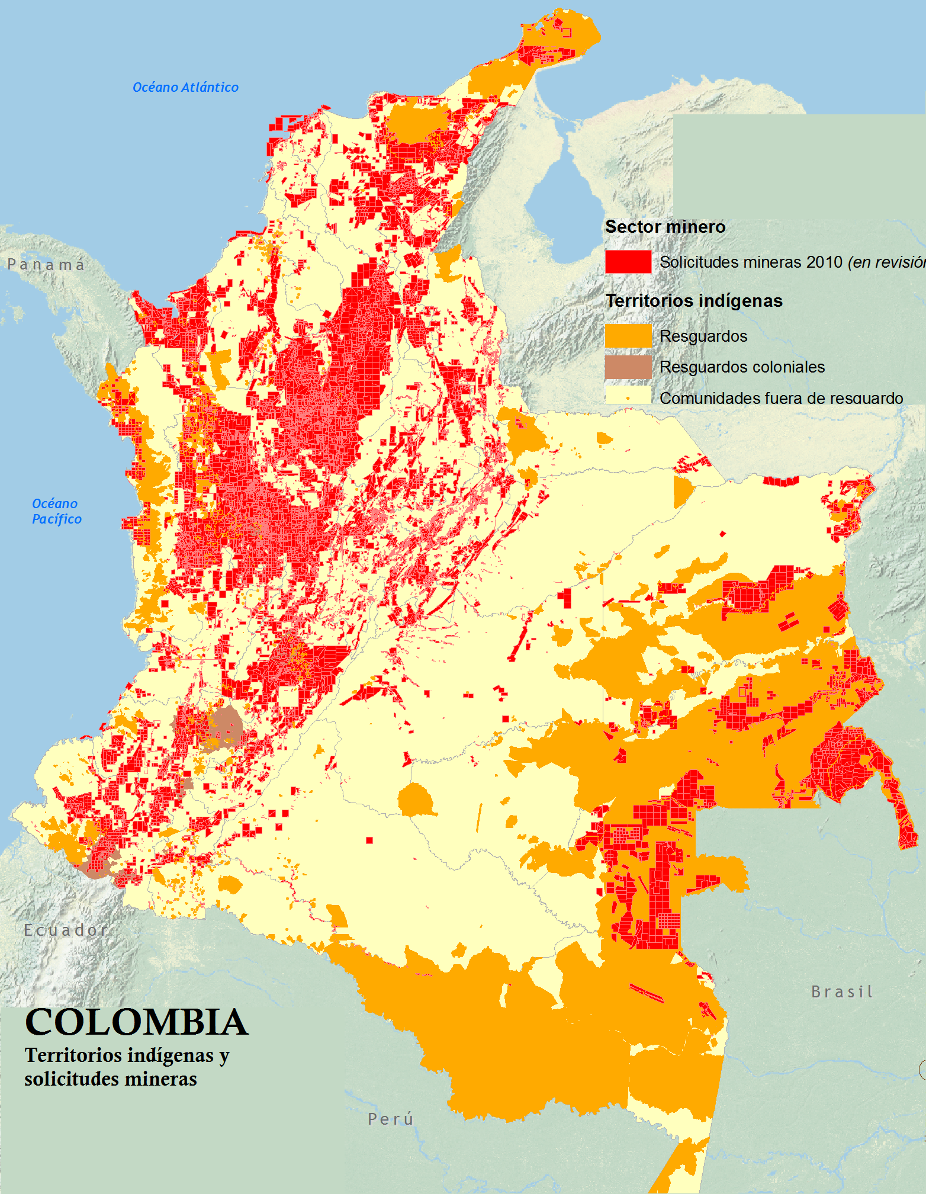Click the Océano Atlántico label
185,88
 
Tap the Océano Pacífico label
56,511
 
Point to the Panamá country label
46,265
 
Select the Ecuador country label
66,930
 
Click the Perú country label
391,1119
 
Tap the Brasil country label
842,991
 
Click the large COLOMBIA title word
137,1023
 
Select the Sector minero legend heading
665,227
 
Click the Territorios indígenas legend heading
694,301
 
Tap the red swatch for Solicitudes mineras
628,262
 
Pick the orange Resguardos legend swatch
628,336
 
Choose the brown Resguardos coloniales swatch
628,367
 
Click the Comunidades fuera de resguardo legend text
782,397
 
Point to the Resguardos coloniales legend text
742,367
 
